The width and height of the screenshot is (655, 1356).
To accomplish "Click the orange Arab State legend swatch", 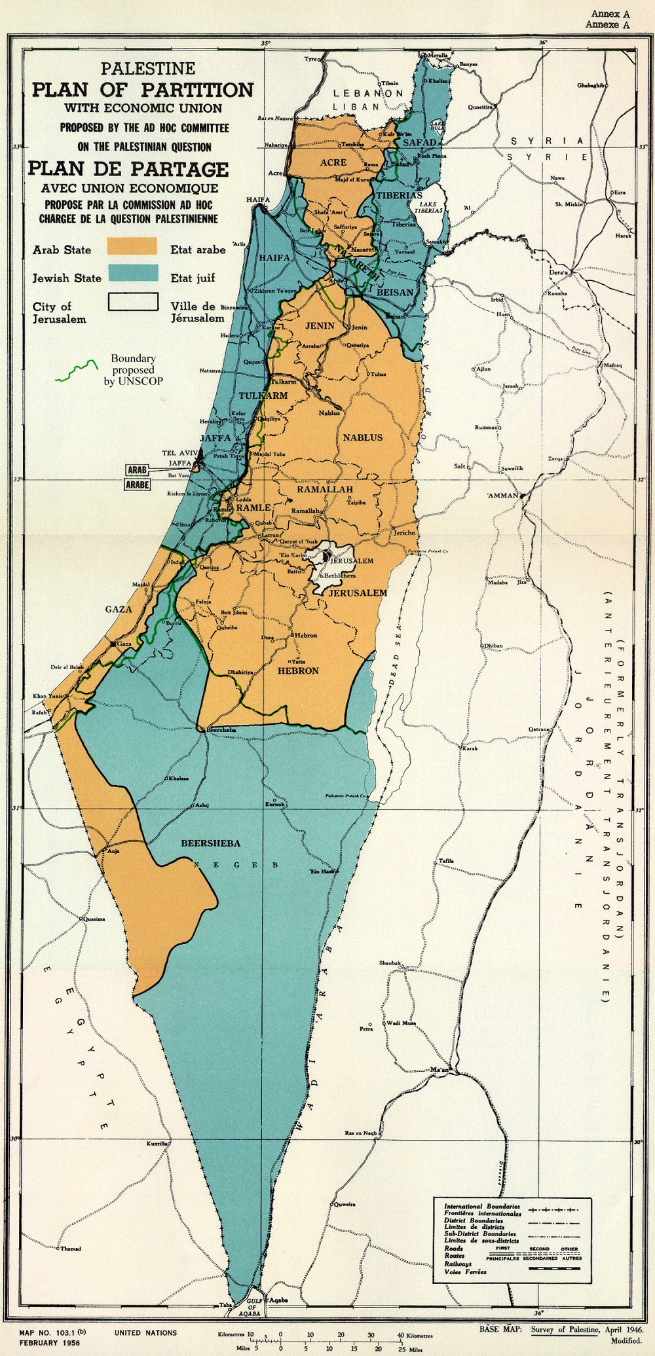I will click(132, 246).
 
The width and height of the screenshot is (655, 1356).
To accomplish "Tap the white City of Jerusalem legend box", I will click(133, 301).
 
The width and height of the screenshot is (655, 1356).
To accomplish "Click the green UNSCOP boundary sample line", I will click(77, 371).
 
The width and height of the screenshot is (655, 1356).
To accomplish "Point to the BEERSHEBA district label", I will click(210, 843).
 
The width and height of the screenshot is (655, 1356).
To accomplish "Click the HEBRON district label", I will click(298, 670).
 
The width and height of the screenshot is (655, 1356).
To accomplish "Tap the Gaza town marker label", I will click(124, 644).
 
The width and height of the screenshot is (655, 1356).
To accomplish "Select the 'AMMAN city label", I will click(503, 496).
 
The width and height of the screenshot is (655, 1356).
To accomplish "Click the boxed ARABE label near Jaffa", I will click(138, 485).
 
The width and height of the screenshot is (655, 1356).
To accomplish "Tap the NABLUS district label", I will click(362, 437).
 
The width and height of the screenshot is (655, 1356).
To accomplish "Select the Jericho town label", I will click(404, 532).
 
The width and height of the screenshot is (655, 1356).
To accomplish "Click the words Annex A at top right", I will click(610, 14).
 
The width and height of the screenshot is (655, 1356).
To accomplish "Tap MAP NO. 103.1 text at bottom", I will click(52, 1332).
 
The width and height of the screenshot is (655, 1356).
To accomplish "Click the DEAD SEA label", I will click(395, 655).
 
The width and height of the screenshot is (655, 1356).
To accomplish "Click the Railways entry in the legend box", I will click(458, 1263).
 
